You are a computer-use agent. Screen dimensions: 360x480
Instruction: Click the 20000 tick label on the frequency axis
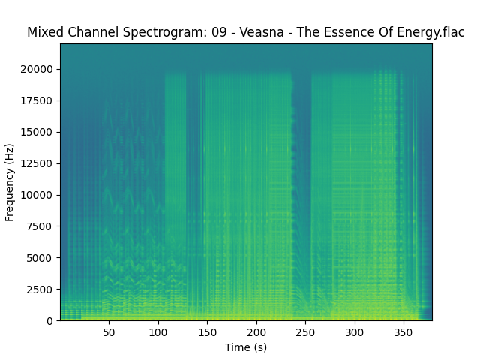coord(37,69)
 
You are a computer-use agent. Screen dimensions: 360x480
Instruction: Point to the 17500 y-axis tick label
coord(37,100)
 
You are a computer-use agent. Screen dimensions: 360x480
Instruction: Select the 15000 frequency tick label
coord(37,132)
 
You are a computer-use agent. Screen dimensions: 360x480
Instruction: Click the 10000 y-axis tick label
coord(37,195)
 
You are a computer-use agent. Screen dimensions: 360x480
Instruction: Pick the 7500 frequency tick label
coord(40,226)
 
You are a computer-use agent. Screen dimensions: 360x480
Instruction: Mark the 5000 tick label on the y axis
coord(40,258)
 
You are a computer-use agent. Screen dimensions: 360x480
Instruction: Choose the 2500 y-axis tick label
coord(40,289)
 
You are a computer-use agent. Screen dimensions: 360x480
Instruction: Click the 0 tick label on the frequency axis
coord(49,321)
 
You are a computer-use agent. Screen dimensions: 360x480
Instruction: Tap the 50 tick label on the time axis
coord(109,331)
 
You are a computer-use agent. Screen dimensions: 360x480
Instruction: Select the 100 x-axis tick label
coord(158,331)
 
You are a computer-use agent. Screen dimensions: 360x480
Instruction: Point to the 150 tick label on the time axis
coord(208,331)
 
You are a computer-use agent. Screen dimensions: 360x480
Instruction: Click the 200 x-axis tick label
coord(256,331)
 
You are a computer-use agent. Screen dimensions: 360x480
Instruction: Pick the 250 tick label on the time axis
coord(305,331)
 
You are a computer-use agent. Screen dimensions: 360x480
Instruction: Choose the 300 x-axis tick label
coord(355,331)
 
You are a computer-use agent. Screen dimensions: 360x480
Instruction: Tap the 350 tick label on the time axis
coord(403,331)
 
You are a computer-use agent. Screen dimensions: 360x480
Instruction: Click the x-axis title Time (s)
coord(246,346)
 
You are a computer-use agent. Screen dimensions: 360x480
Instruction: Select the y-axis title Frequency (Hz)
coord(10,182)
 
